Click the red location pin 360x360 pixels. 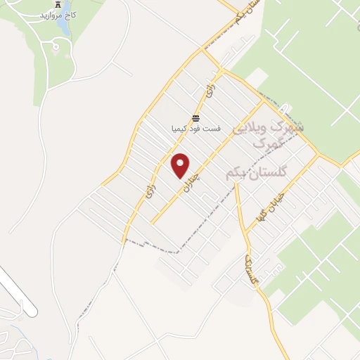pos(181,166)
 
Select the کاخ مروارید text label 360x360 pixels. pos(59,15)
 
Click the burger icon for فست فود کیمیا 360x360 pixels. pos(195,118)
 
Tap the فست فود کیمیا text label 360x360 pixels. pos(195,129)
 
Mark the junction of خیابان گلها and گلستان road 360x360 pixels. pos(245,231)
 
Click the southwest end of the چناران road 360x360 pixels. pos(152,223)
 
